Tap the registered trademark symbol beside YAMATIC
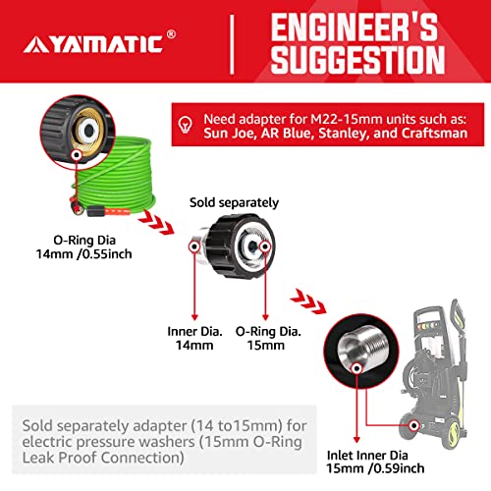tap(171, 34)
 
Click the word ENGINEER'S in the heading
tap(355, 27)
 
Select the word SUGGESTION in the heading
tap(357, 59)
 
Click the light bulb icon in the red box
tap(186, 125)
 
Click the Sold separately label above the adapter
tap(234, 202)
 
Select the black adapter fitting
tap(234, 246)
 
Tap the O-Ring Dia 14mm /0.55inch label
tap(83, 247)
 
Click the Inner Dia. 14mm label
tap(194, 338)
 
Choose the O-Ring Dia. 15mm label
tap(268, 338)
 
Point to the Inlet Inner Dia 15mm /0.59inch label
tap(375, 462)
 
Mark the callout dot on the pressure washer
tap(414, 425)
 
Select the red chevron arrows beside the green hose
tap(156, 222)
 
